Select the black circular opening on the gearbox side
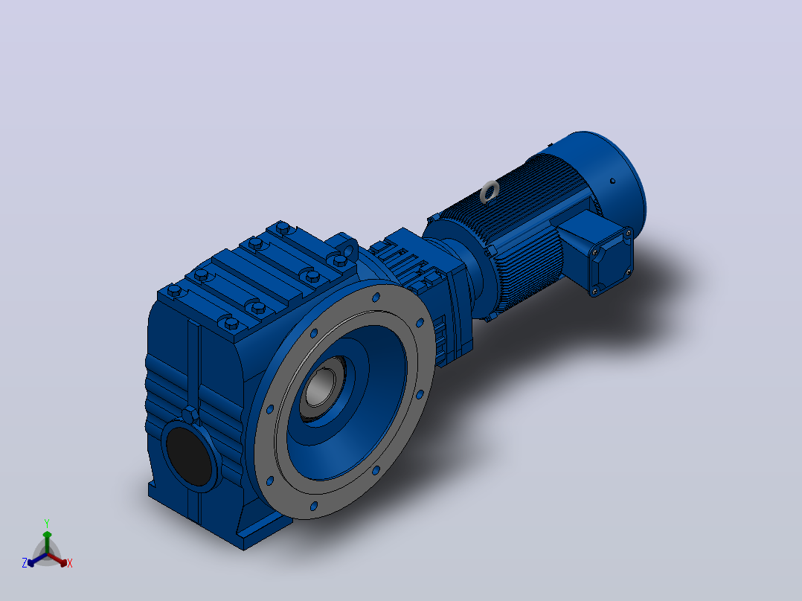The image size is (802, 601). [189, 455]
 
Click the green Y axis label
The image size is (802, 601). [47, 523]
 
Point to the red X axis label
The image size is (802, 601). [70, 563]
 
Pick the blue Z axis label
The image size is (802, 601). [24, 563]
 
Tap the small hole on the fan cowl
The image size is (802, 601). [612, 181]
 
